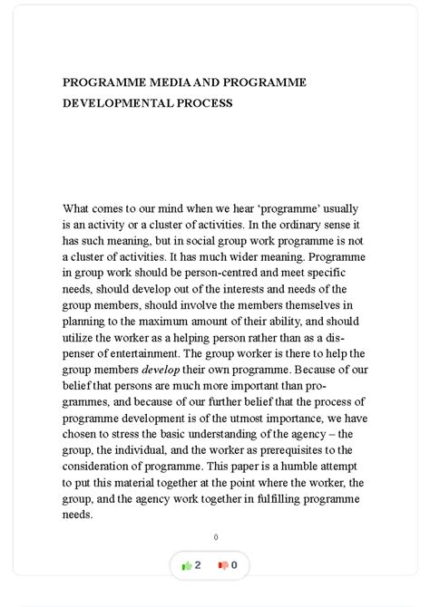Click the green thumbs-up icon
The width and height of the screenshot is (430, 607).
pyautogui.click(x=186, y=565)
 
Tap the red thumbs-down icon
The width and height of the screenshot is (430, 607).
pyautogui.click(x=222, y=565)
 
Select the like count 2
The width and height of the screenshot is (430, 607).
pyautogui.click(x=198, y=565)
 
